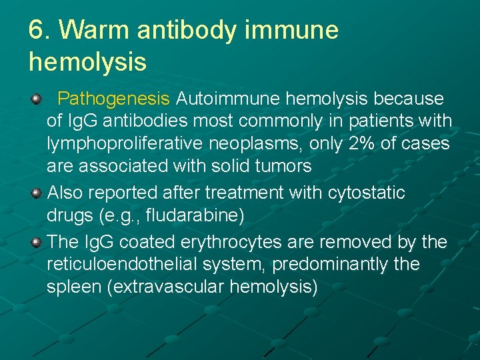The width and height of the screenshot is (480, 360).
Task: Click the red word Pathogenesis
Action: click(x=113, y=99)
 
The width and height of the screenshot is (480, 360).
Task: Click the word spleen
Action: click(x=70, y=287)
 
